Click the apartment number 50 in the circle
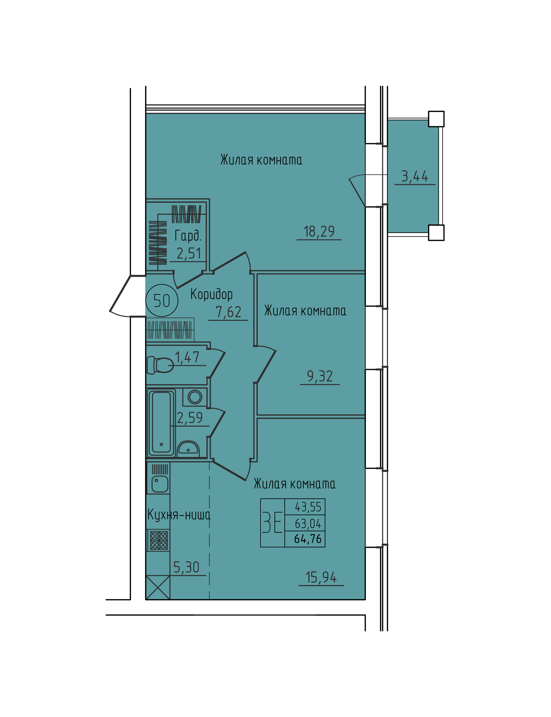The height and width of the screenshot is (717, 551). click(162, 301)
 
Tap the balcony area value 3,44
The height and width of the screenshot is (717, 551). click(415, 176)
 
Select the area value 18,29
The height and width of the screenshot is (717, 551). click(319, 232)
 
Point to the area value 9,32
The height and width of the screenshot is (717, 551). click(320, 376)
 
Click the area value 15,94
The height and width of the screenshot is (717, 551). click(321, 577)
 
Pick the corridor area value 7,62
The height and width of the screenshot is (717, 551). click(229, 312)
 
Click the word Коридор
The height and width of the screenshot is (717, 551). click(211, 294)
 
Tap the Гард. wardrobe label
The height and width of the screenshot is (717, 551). click(188, 236)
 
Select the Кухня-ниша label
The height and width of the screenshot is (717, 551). click(179, 515)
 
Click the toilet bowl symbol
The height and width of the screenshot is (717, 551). click(160, 365)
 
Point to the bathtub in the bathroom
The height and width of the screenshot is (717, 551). click(161, 423)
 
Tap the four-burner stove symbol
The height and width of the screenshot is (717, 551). click(159, 540)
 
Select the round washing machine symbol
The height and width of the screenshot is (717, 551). click(195, 397)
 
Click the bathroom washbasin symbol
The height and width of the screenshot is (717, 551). click(188, 448)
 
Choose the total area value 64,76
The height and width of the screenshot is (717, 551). click(308, 539)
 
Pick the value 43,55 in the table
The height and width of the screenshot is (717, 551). click(308, 507)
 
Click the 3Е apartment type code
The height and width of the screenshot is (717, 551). click(273, 522)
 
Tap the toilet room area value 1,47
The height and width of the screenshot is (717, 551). click(187, 357)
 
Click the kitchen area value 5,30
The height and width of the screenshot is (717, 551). click(186, 567)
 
